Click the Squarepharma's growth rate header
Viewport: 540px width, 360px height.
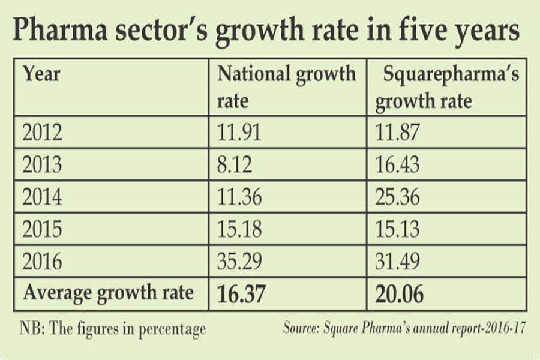(447, 87)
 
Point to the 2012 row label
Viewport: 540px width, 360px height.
(42, 132)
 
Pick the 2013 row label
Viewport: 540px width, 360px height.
(42, 164)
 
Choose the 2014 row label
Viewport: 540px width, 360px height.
(42, 197)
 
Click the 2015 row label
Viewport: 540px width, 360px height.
(42, 229)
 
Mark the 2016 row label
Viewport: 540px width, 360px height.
(42, 262)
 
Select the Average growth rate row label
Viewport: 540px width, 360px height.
(108, 293)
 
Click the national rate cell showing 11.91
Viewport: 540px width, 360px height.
(239, 132)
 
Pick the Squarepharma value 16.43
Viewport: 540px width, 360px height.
(398, 164)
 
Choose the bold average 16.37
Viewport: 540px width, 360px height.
(242, 294)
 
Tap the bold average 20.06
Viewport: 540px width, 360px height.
(401, 294)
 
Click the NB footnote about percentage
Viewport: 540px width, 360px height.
(112, 329)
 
